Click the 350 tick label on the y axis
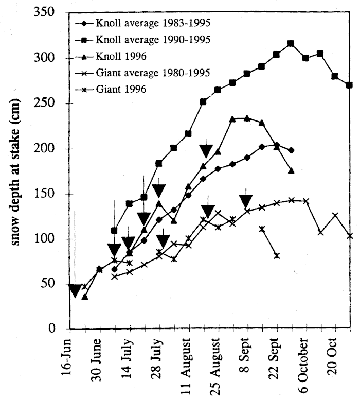point(45,13)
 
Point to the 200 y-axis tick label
point(45,149)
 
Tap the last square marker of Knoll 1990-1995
point(350,85)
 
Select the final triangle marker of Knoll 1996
point(292,170)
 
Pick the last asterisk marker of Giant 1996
point(277,255)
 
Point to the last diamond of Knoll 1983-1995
point(292,150)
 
